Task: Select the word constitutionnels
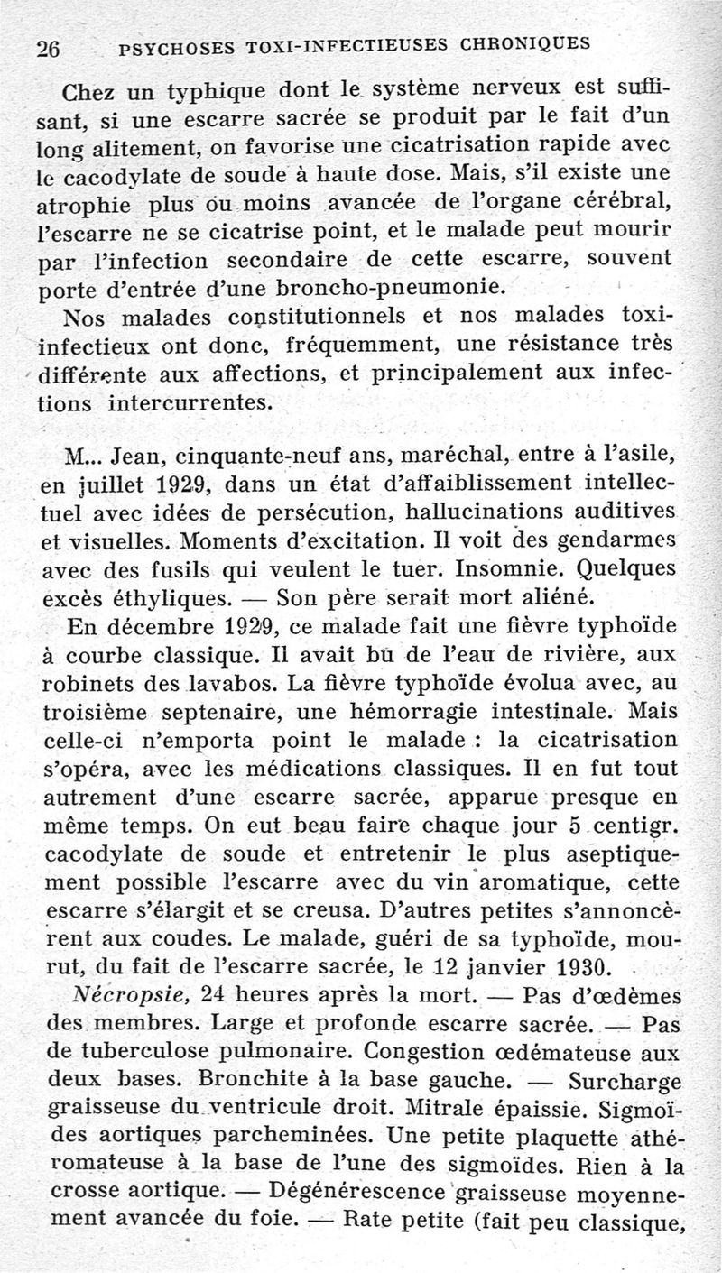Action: [x=299, y=317]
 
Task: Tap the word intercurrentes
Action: [x=190, y=401]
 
